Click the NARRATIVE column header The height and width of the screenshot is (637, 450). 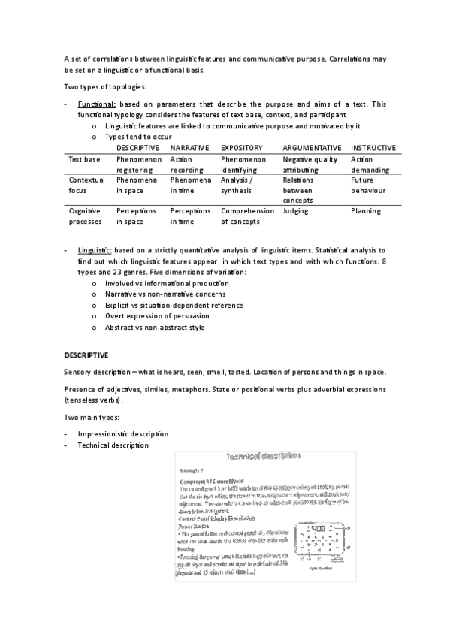(x=188, y=148)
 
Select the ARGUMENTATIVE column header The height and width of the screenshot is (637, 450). (x=312, y=148)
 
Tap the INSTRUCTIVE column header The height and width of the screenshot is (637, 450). (x=373, y=148)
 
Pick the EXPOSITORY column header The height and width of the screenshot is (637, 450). (x=242, y=148)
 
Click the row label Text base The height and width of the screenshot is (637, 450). (x=83, y=159)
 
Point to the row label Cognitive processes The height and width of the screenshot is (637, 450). (x=83, y=217)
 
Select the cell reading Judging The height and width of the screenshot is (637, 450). (x=295, y=212)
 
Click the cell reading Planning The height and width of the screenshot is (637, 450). (x=366, y=212)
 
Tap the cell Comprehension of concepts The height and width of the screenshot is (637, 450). (x=247, y=217)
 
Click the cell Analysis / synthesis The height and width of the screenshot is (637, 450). (x=237, y=186)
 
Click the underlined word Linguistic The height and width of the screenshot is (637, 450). (x=95, y=249)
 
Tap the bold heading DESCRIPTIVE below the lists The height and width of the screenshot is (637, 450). (x=86, y=354)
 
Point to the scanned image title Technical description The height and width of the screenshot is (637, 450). (x=262, y=456)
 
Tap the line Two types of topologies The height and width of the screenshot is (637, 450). (x=110, y=87)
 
